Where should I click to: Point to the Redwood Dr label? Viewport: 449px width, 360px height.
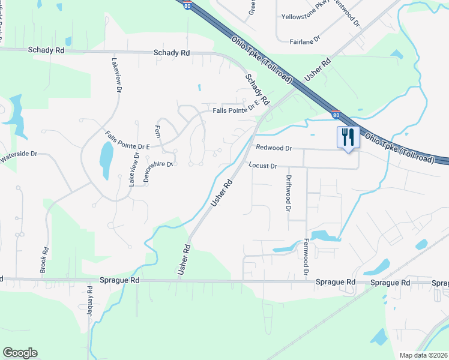pos(273,148)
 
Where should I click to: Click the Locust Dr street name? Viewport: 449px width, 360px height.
pos(262,166)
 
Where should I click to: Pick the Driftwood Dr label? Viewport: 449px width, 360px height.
pos(289,194)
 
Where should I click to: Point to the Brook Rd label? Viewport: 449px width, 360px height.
pos(43,260)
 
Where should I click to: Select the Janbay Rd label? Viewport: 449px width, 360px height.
pos(91,305)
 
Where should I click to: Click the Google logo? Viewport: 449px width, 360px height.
pos(20,353)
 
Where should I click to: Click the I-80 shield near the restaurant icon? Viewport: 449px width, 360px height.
pos(336,114)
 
